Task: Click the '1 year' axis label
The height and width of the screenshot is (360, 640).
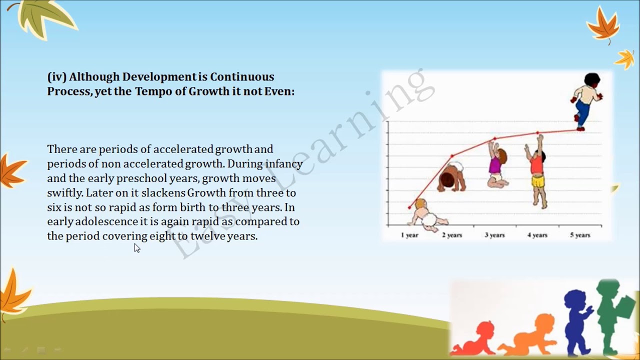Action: [409, 235]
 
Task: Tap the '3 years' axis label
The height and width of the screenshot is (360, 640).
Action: [494, 235]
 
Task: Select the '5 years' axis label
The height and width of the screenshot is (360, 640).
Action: [580, 235]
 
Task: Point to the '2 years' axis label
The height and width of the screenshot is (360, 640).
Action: [452, 235]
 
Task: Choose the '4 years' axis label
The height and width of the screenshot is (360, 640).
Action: [537, 235]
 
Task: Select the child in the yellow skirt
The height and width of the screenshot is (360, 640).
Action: [537, 172]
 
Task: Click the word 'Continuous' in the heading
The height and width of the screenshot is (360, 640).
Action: [242, 77]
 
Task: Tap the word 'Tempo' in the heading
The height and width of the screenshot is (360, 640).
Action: [153, 91]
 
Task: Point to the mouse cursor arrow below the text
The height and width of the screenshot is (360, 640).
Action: [137, 248]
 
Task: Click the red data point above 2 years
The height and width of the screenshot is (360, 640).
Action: [452, 156]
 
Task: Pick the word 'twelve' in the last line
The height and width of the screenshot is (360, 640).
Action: [207, 236]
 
